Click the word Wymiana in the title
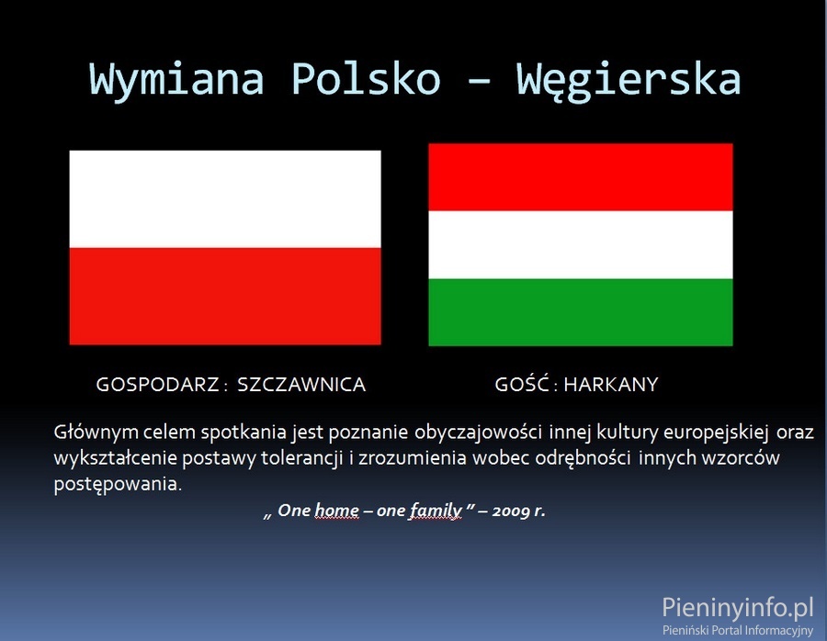(176, 79)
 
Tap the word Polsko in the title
(366, 78)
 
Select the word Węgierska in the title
(629, 80)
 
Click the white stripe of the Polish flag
(225, 199)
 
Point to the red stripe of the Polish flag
(225, 297)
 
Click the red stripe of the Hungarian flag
(581, 177)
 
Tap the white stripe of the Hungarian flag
(581, 244)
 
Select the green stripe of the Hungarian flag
(581, 312)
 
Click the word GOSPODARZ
(158, 384)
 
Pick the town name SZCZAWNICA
(301, 384)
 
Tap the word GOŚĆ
(522, 383)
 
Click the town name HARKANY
(611, 384)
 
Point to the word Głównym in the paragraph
(96, 433)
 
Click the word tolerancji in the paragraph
(301, 457)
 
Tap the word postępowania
(118, 484)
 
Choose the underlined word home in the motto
(336, 511)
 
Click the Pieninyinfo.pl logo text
(738, 607)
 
